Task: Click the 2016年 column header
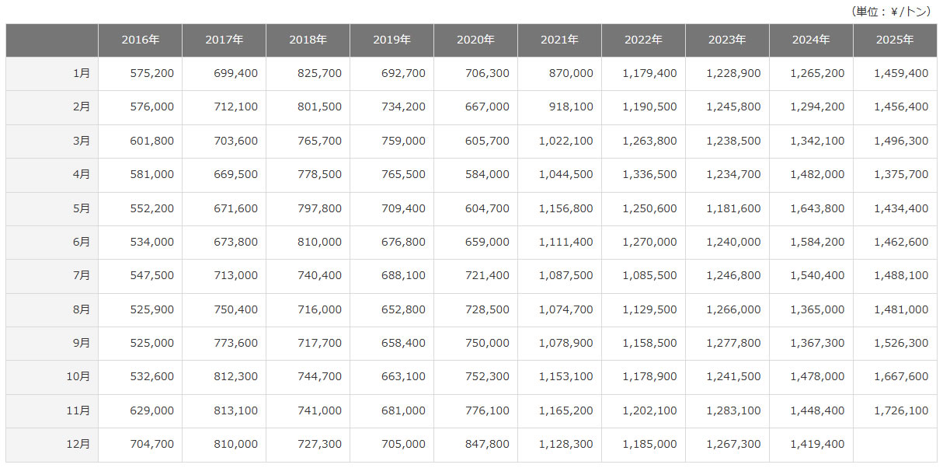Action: click(x=140, y=40)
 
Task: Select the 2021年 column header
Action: click(x=559, y=40)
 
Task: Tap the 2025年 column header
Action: click(x=894, y=40)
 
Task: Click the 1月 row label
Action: click(x=81, y=73)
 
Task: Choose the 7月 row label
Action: click(x=81, y=275)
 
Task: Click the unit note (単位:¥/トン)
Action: click(x=890, y=11)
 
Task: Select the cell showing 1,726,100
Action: click(x=901, y=410)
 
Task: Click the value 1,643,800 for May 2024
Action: click(x=817, y=208)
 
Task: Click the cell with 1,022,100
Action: click(x=565, y=141)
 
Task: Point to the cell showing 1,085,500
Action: click(x=649, y=275)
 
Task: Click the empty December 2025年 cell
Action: click(x=894, y=444)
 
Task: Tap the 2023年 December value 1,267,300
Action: click(x=733, y=444)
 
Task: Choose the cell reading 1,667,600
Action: click(x=901, y=376)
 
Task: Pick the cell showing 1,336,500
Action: click(x=649, y=174)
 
